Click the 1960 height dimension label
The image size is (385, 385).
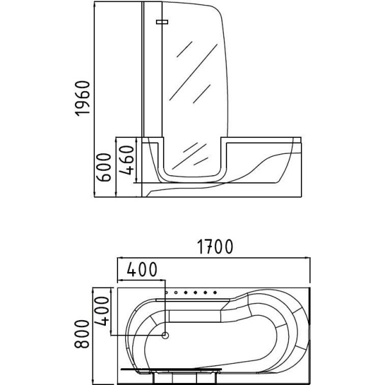(83, 98)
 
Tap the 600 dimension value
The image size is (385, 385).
(103, 167)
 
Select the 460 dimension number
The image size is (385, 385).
(126, 160)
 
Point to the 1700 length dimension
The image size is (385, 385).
(215, 247)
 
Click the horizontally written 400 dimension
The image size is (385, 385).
(142, 269)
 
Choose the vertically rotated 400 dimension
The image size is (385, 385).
(101, 311)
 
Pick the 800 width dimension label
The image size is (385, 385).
(81, 334)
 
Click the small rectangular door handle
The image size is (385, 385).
(162, 22)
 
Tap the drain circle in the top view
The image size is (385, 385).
(166, 335)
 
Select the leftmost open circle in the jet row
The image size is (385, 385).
(166, 293)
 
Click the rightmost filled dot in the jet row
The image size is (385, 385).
(215, 293)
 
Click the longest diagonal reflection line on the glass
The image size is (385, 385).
(194, 72)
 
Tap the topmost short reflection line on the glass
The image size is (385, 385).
(184, 49)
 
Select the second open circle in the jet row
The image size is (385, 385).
(176, 293)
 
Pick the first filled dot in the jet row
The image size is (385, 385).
(186, 293)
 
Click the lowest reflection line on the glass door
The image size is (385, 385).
(201, 161)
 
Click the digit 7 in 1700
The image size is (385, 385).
(207, 247)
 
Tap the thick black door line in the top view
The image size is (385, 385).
(171, 375)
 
